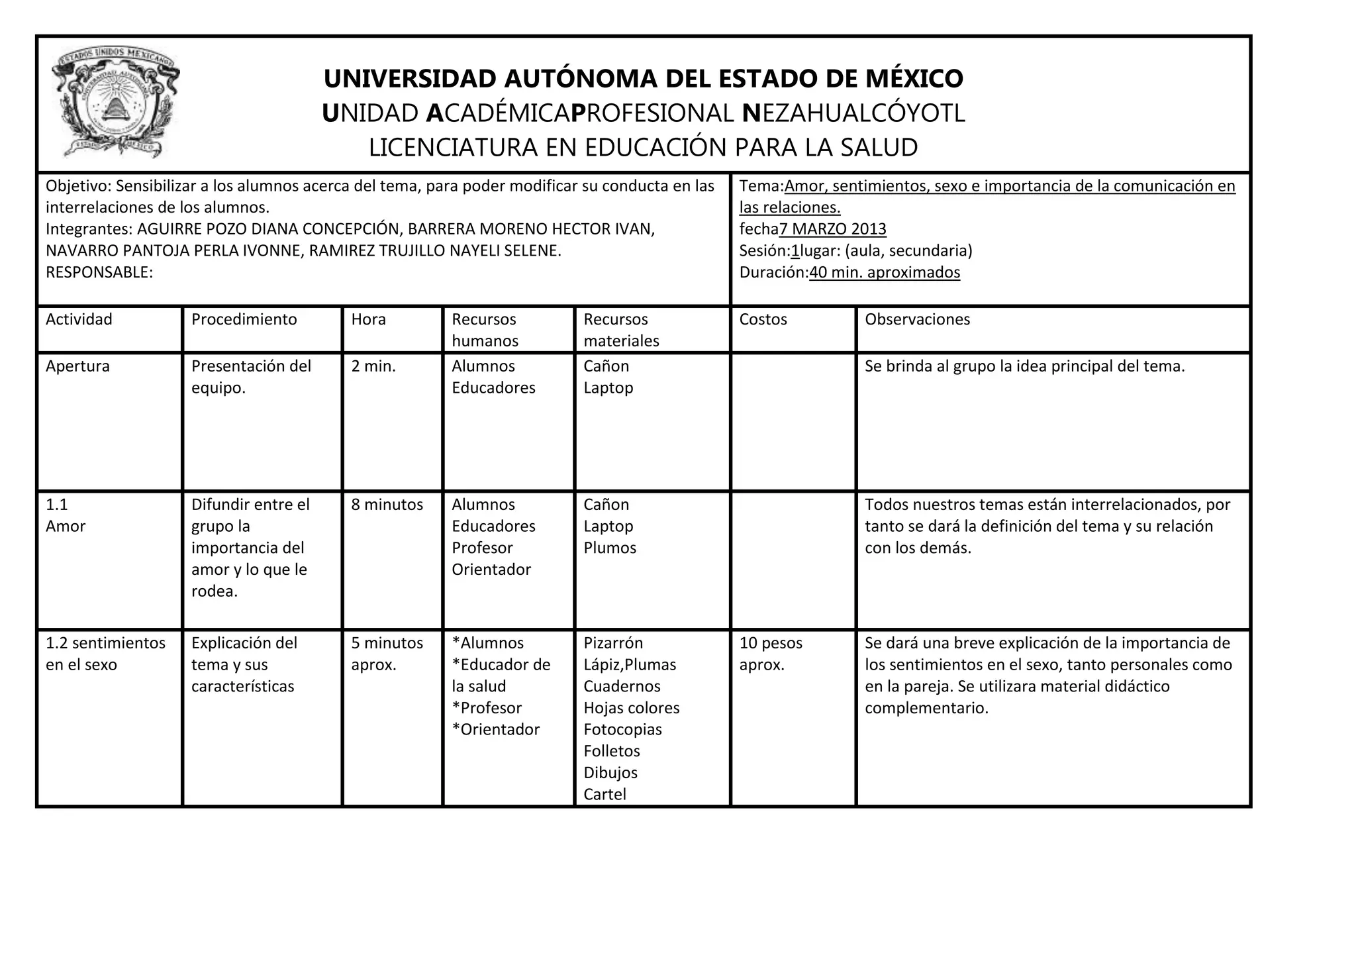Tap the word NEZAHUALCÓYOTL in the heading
pos(853,113)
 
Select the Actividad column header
pos(79,319)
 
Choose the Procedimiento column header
pos(244,319)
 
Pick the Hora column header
pos(368,319)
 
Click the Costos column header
pos(763,319)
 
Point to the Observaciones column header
pos(917,319)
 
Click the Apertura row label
pos(77,366)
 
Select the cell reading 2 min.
pos(373,366)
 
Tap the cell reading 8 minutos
pos(387,505)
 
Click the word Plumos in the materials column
pos(610,548)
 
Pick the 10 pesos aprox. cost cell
pos(771,654)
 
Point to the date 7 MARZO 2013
pos(832,229)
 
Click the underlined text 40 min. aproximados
pos(885,272)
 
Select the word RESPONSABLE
pos(98,272)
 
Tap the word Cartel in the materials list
pos(605,794)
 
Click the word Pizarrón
pos(613,643)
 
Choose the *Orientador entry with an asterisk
pos(496,729)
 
